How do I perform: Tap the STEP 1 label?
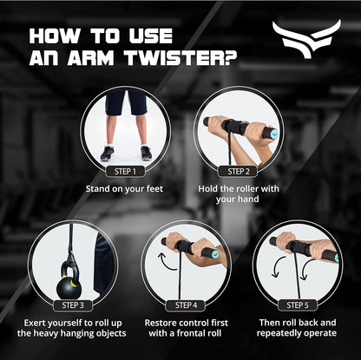(128, 171)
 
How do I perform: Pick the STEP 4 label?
(185, 304)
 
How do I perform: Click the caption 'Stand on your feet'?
(128, 187)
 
